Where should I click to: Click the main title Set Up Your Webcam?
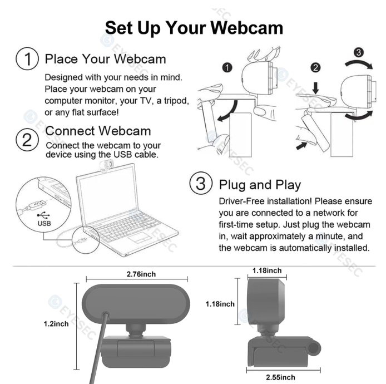point(194,28)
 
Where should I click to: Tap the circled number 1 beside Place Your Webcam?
point(26,59)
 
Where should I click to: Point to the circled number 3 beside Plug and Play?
point(201,184)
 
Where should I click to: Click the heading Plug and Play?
point(260,185)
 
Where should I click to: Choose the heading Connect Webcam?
point(97,131)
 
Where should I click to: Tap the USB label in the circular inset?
point(44,223)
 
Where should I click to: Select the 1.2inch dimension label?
point(56,323)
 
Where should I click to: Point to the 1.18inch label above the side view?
point(267,271)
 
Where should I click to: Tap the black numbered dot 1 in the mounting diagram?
point(226,68)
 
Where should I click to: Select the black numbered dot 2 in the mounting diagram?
point(315,68)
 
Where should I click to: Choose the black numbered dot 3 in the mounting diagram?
point(359,53)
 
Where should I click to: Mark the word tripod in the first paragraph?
point(176,101)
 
